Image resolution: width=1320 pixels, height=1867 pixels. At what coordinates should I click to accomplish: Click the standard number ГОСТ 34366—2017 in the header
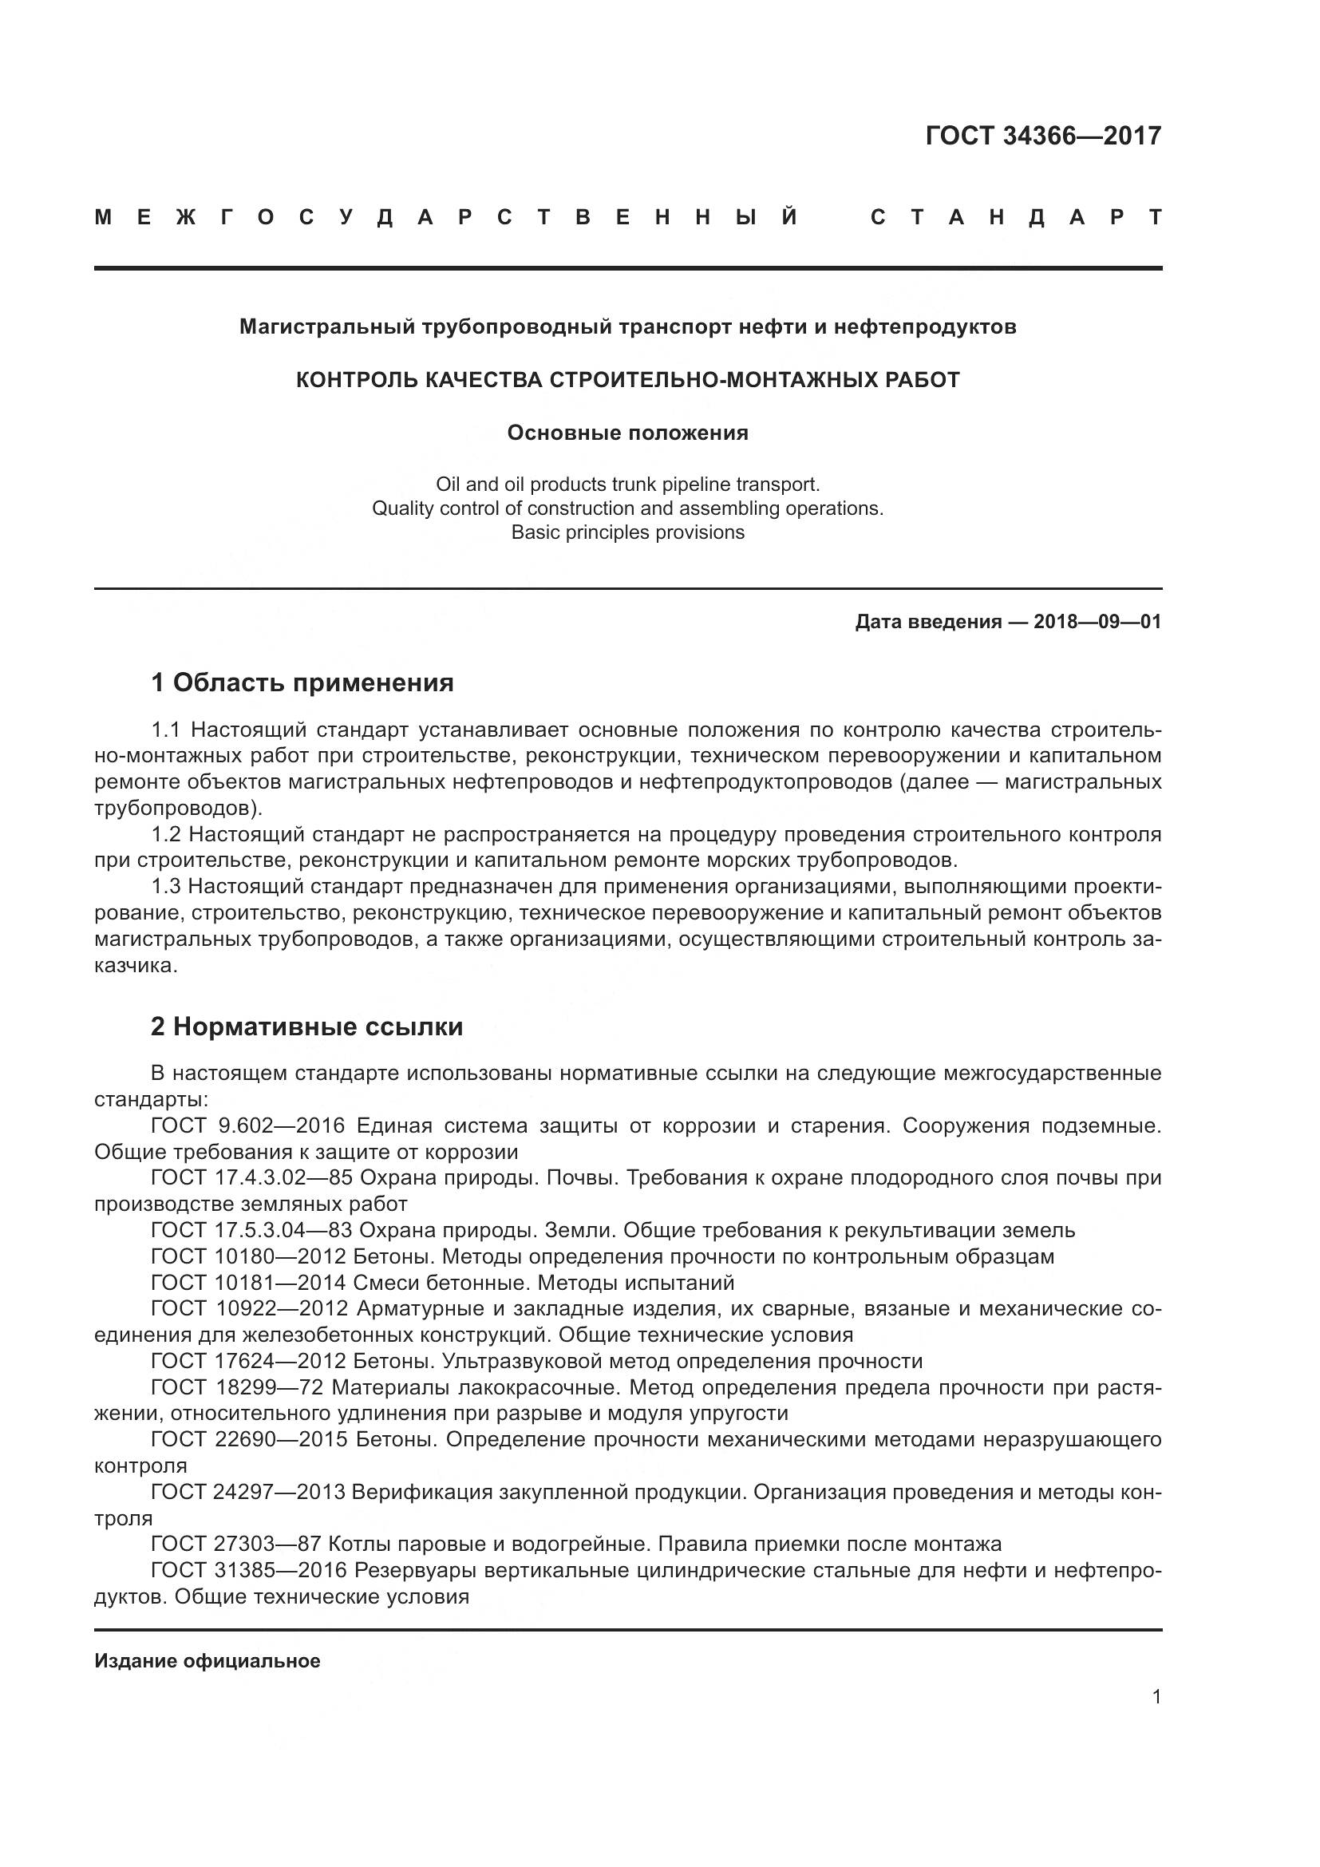(1043, 136)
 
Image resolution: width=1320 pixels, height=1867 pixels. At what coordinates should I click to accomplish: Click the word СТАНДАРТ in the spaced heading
(1016, 217)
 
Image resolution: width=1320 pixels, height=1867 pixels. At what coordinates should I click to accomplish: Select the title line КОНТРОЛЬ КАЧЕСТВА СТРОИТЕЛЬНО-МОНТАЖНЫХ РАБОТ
(627, 380)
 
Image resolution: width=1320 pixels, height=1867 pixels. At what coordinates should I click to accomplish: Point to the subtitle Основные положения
(627, 433)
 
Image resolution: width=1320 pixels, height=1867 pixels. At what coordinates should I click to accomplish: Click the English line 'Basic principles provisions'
(627, 532)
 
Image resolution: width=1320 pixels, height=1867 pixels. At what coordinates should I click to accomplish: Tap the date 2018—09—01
(1097, 622)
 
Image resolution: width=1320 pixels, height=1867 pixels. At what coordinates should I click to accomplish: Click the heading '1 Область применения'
(302, 683)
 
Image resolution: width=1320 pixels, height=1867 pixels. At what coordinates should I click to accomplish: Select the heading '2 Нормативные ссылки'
(306, 1027)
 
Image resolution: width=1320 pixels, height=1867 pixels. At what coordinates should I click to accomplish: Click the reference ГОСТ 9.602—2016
(248, 1125)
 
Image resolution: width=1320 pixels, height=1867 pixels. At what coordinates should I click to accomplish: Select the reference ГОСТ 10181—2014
(249, 1283)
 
